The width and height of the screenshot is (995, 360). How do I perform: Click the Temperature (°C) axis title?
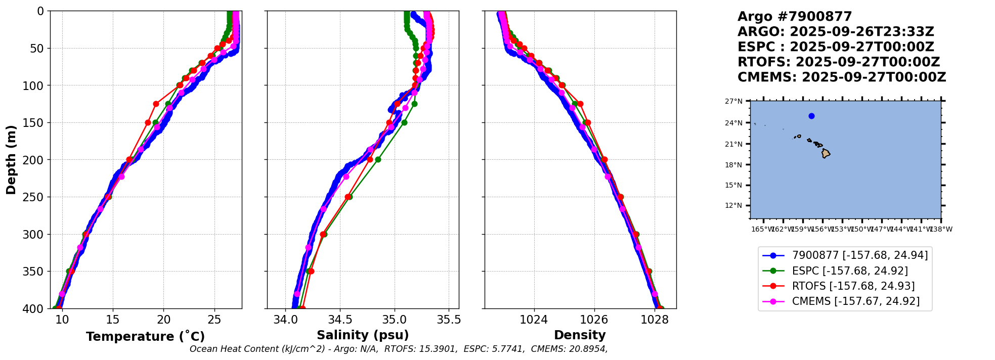[145, 337]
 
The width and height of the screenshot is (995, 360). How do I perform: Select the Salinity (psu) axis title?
[363, 335]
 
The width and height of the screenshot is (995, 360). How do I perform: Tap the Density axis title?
[580, 335]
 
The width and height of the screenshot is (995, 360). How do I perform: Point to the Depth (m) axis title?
[11, 160]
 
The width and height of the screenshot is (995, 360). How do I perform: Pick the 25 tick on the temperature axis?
[214, 320]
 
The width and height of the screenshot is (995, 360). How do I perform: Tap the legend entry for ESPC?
[849, 271]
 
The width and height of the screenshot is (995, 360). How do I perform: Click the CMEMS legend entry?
[855, 301]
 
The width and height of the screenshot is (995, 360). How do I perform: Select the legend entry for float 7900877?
[859, 255]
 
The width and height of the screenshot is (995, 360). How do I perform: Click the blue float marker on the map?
[811, 116]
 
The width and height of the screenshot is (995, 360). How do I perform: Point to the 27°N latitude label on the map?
[733, 102]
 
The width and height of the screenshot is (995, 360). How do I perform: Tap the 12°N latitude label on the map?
[733, 206]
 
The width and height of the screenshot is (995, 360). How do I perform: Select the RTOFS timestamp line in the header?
[838, 62]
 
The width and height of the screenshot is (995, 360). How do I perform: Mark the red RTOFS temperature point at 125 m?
[156, 104]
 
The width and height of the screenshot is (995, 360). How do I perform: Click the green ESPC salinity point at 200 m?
[378, 159]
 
